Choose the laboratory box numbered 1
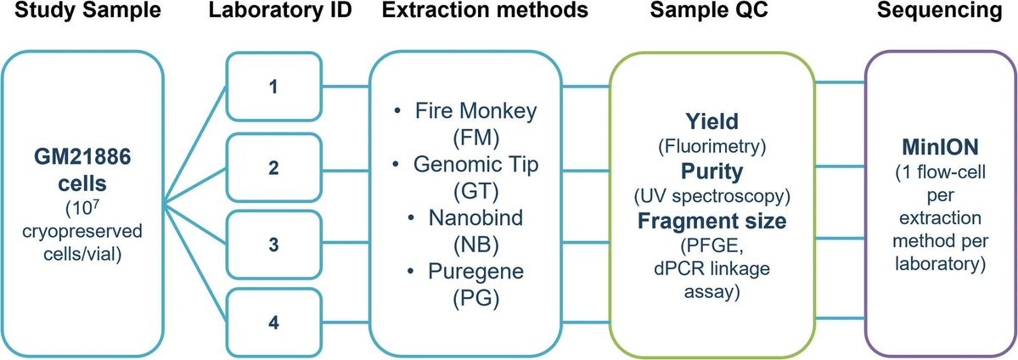click(x=273, y=87)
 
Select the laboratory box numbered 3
click(x=273, y=245)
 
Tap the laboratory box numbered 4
click(x=273, y=323)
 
